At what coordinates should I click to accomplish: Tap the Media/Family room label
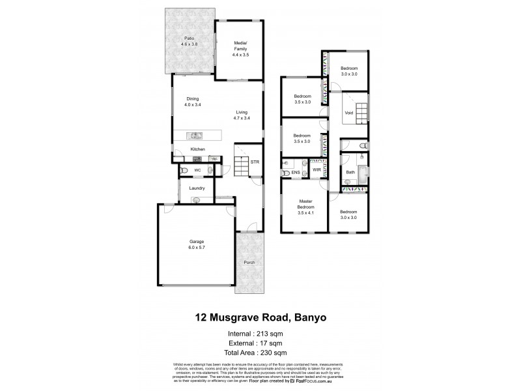(x=240, y=49)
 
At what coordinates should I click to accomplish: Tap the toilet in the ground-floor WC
(x=186, y=171)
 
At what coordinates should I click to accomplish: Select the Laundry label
(x=197, y=189)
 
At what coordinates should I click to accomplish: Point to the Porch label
(x=249, y=263)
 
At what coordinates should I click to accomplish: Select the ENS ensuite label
(x=295, y=172)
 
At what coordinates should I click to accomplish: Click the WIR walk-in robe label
(x=317, y=169)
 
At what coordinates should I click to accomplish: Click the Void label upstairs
(x=348, y=113)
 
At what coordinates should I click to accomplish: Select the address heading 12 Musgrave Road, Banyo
(x=260, y=319)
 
